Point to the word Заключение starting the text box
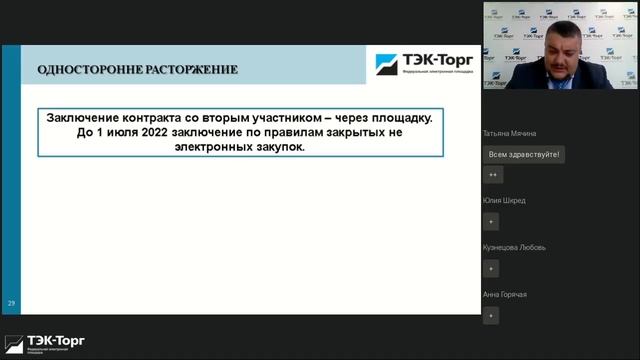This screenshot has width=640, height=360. (x=88, y=117)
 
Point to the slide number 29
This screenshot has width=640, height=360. (x=11, y=302)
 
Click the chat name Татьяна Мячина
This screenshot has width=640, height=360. (x=509, y=134)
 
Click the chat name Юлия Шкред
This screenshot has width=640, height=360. (x=504, y=201)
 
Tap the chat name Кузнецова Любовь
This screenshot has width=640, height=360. (x=514, y=247)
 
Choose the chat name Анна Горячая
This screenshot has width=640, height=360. (x=505, y=294)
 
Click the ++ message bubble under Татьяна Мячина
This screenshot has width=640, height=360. (x=492, y=175)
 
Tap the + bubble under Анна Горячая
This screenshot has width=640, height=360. (x=491, y=315)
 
